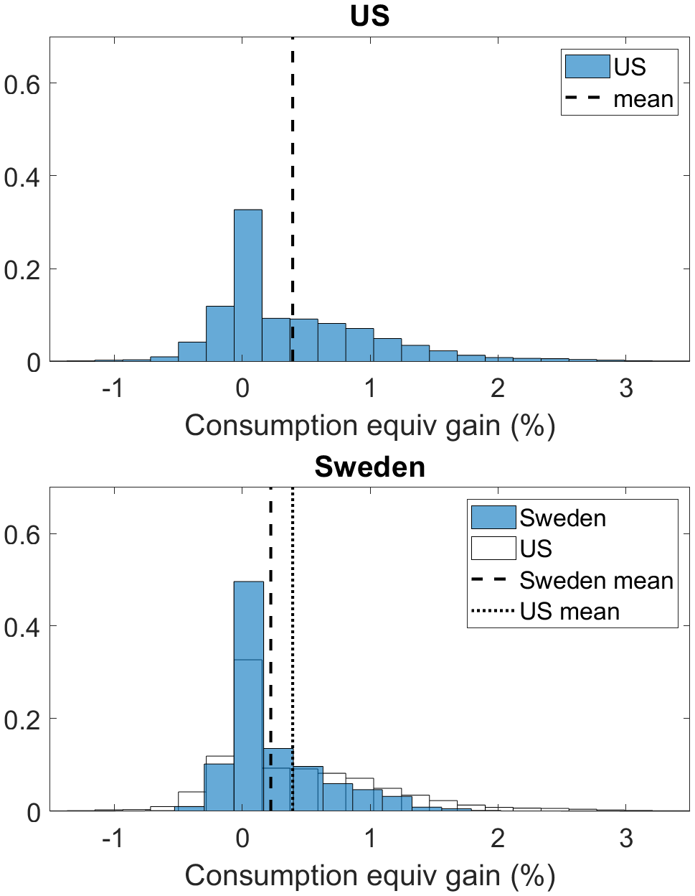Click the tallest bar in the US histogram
[248, 287]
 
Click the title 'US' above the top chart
[369, 16]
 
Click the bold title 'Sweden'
[369, 467]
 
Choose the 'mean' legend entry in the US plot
[643, 100]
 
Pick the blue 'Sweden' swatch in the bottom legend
[493, 518]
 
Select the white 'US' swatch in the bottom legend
[493, 549]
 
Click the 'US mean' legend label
[569, 612]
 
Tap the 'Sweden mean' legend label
[596, 580]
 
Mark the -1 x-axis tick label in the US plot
[113, 388]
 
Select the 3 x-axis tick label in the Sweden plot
[626, 838]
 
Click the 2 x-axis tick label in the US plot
[498, 388]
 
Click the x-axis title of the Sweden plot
[369, 876]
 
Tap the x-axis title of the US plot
[369, 426]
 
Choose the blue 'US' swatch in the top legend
[587, 67]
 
